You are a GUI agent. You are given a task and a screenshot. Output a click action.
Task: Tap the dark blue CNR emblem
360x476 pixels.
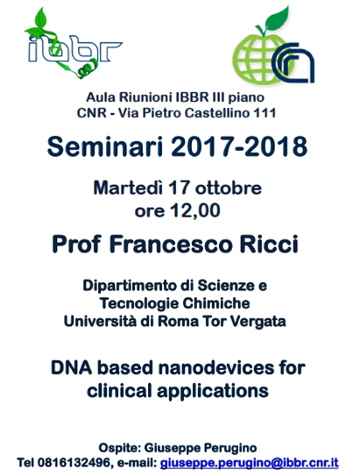click(293, 63)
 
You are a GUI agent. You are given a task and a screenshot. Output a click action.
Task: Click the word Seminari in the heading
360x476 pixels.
click(105, 146)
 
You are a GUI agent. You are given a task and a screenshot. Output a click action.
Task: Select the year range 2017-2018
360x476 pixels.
click(239, 146)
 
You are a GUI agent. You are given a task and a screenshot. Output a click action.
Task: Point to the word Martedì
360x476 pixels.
click(128, 188)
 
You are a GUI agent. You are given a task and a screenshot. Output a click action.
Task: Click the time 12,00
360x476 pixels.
click(195, 210)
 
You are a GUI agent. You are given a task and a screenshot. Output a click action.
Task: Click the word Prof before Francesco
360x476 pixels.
click(77, 244)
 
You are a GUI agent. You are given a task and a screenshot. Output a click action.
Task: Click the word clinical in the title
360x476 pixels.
click(119, 390)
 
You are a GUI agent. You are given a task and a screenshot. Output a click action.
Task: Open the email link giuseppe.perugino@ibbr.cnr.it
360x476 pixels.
click(250, 463)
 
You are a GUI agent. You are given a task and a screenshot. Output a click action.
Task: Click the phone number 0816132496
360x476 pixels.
click(73, 463)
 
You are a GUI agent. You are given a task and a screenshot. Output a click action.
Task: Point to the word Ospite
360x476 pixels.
click(119, 448)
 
